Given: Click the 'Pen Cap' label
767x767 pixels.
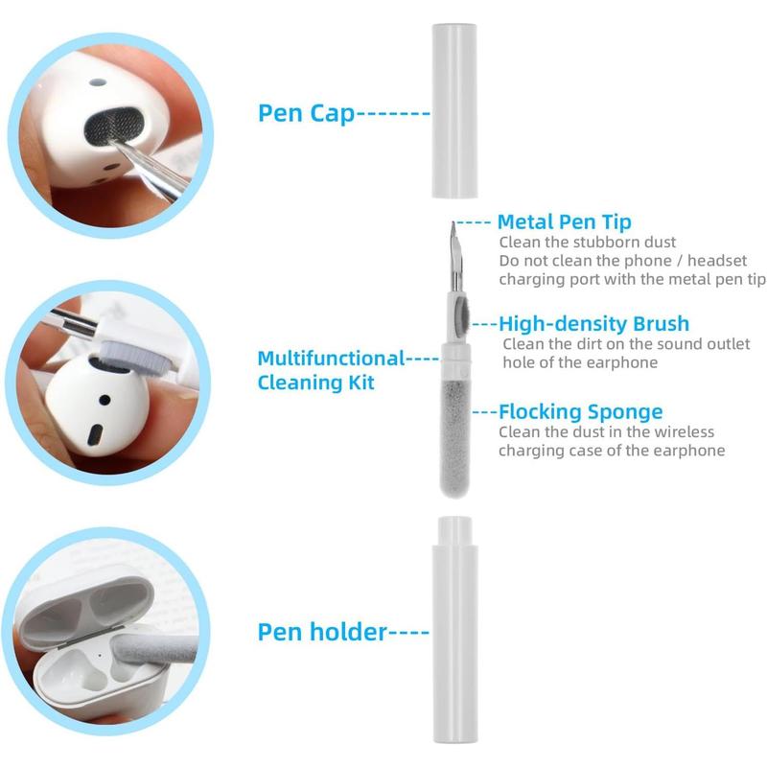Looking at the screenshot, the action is click(306, 113).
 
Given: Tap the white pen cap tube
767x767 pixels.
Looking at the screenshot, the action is click(454, 110).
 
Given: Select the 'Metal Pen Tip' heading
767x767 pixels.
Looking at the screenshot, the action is click(565, 222).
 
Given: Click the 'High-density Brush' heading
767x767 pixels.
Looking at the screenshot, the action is click(593, 324).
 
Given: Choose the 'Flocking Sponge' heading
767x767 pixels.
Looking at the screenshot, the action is click(581, 412).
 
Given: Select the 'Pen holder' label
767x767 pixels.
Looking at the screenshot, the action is click(322, 632).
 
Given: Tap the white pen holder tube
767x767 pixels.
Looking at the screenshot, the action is click(454, 630).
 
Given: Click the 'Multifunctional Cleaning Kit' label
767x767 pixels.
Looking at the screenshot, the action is click(331, 370).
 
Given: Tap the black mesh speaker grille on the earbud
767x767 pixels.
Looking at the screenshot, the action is click(114, 126).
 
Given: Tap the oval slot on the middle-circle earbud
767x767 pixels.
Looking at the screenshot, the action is click(95, 435).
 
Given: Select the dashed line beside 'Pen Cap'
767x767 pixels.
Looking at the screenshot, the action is click(393, 114).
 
